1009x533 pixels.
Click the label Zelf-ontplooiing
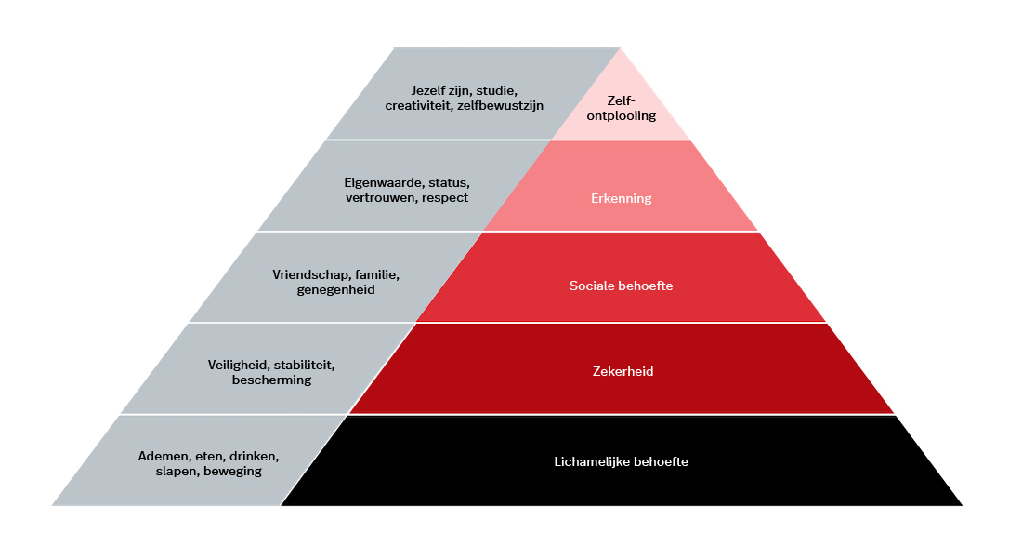[x=620, y=110]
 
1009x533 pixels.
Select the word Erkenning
[x=621, y=198]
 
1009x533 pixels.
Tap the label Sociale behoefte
[x=621, y=286]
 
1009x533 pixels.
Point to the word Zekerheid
[x=621, y=371]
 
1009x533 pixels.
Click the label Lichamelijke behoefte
[x=621, y=461]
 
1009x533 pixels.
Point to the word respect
[x=444, y=197]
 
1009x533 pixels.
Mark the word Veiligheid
[x=240, y=365]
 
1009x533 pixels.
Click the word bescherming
[x=271, y=380]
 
